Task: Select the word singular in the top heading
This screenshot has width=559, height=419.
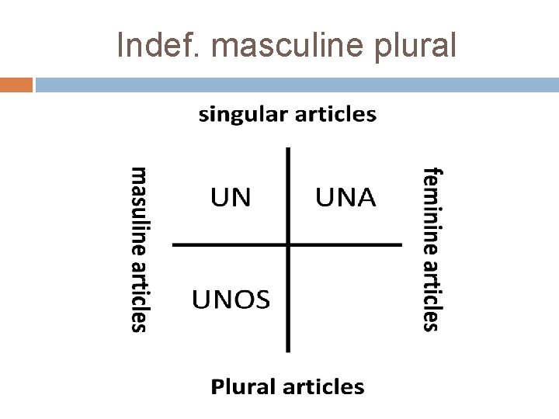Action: tap(242, 116)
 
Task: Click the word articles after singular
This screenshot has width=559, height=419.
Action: tap(335, 116)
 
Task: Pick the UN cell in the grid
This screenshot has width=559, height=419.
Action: tap(231, 198)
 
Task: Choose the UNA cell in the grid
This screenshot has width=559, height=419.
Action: tap(345, 198)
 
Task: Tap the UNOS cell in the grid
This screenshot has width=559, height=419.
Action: tap(231, 298)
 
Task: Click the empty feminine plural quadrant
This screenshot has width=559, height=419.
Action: tap(345, 298)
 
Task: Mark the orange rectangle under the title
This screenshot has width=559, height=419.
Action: tap(16, 85)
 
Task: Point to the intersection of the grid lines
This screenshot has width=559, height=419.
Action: tap(288, 245)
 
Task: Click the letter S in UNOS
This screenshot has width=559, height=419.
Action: tap(262, 298)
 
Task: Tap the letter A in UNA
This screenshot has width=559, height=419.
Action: tap(364, 198)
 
